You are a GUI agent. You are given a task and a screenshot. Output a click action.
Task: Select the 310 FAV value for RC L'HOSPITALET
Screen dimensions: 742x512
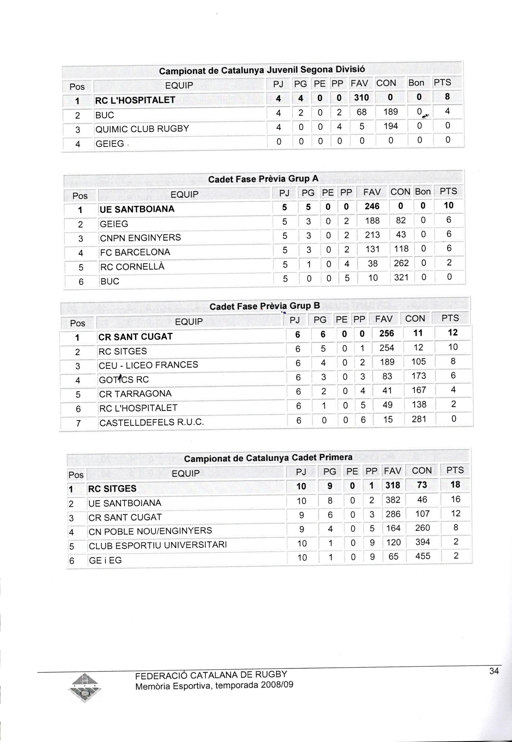361,98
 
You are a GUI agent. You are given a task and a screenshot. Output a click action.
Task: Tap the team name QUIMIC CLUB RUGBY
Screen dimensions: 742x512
142,129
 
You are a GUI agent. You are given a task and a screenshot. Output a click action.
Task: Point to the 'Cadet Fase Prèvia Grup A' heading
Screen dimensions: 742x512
263,179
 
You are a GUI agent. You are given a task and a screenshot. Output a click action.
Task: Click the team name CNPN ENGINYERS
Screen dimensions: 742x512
140,238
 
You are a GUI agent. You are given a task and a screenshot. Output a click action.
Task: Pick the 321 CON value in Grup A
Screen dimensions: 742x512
401,277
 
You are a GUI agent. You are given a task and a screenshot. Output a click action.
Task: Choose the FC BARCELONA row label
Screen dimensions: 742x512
135,252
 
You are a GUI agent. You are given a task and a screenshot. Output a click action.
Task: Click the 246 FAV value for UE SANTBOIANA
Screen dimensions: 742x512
372,206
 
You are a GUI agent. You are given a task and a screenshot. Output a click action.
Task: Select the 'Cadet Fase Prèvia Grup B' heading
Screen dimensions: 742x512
265,306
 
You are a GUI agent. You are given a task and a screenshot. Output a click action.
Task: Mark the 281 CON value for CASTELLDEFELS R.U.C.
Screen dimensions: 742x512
419,419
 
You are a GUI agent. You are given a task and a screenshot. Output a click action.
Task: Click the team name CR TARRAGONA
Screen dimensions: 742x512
135,394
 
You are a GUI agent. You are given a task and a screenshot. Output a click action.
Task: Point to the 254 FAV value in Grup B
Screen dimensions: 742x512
387,348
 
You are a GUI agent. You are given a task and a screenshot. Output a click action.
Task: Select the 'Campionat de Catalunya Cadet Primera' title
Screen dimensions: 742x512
268,458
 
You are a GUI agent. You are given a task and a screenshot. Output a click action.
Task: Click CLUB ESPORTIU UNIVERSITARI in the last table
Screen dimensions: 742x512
158,545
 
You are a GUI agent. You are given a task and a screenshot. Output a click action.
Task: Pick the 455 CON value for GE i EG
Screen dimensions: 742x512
422,556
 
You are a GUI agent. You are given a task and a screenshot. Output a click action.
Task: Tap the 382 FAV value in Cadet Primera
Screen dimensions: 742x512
393,500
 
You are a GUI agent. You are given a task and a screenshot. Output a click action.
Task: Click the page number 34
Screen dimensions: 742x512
494,671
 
